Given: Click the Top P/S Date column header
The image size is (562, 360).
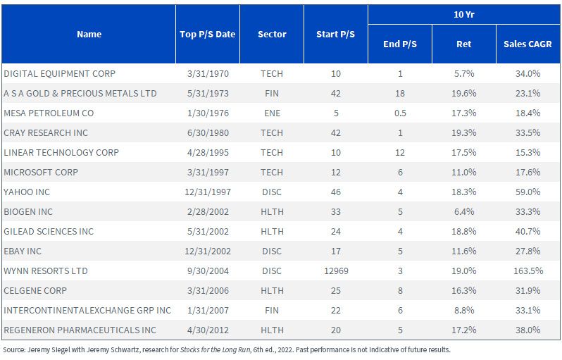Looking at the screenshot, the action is coord(208,35).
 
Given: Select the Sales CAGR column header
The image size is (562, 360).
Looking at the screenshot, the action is coord(527,44).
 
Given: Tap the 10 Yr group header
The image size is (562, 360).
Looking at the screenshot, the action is coord(464,15).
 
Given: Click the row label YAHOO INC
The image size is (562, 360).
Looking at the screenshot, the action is coord(27,192).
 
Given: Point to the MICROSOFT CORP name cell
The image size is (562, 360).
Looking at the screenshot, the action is coord(41,172).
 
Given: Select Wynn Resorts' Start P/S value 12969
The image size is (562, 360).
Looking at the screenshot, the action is coord(336,271).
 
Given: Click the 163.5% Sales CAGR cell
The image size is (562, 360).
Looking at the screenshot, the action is coord(528,271).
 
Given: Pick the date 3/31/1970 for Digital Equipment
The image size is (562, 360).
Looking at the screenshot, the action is coord(208,73).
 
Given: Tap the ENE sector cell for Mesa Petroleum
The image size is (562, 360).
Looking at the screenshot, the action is coord(272,113).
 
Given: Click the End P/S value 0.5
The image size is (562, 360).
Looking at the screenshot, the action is coord(400,113).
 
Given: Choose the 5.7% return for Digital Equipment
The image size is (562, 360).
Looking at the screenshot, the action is coord(464,73).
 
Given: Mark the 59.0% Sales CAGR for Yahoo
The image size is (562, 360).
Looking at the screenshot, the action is coord(528,192).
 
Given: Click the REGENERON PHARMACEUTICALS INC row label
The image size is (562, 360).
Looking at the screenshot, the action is coord(80,330).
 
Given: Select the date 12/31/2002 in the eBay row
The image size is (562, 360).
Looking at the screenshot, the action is coord(208,251).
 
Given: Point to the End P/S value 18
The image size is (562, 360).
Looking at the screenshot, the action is coord(400,93).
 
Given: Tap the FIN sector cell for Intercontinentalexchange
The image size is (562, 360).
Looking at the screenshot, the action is coord(272,310).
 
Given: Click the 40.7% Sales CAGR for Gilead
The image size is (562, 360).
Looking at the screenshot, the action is coord(528,231).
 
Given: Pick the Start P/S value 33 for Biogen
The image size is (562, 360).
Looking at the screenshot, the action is coord(336,211).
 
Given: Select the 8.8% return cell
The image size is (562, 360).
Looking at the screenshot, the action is coord(464,310).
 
